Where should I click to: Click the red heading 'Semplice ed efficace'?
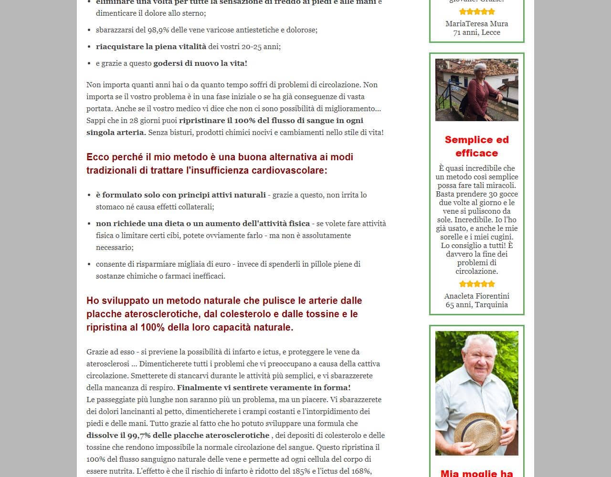click(476, 146)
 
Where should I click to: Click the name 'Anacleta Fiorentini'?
click(476, 296)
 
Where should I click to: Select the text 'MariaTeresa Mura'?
click(476, 24)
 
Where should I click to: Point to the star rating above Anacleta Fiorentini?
click(476, 284)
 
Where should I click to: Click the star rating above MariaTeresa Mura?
click(476, 12)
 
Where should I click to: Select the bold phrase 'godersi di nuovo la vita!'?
click(200, 63)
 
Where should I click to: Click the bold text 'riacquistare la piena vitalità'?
click(151, 47)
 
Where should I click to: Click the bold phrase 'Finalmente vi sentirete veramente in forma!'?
click(263, 388)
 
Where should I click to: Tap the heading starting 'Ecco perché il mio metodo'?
click(220, 164)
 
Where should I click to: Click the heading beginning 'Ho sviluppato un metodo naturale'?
click(224, 314)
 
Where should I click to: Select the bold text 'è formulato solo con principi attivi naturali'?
click(180, 195)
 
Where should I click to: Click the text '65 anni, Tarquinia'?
click(476, 305)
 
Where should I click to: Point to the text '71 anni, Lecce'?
click(476, 32)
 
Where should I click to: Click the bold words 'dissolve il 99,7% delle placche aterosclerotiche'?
click(178, 436)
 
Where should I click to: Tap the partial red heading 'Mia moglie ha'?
click(476, 473)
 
